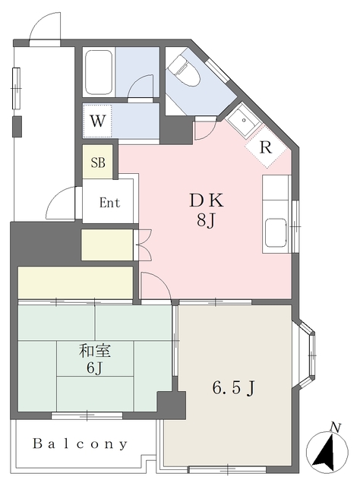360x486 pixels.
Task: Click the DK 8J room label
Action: pyautogui.click(x=206, y=210)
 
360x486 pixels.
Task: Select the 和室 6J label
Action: pyautogui.click(x=95, y=360)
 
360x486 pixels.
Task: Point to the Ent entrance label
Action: pyautogui.click(x=109, y=204)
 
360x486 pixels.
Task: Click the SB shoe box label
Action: pyautogui.click(x=99, y=163)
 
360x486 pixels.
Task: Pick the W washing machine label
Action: pyautogui.click(x=97, y=120)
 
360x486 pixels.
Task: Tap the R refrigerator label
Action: pyautogui.click(x=265, y=147)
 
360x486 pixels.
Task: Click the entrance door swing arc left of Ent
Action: pyautogui.click(x=62, y=204)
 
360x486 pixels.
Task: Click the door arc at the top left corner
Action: pyautogui.click(x=44, y=27)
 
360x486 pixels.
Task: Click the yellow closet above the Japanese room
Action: pyautogui.click(x=75, y=282)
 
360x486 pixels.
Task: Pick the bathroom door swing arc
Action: pyautogui.click(x=141, y=88)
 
